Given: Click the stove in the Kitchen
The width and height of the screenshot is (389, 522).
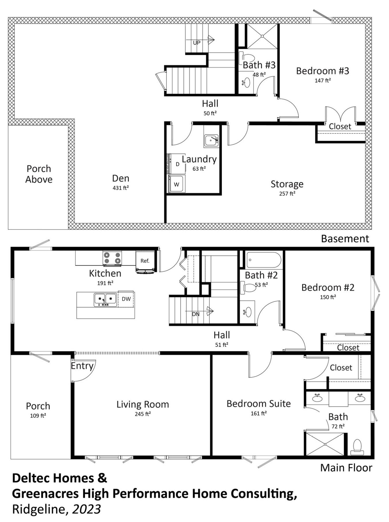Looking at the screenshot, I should point(112,258).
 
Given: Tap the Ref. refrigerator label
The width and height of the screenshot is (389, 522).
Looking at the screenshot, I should point(145,261).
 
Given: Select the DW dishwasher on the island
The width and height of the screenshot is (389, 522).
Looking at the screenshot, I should point(126,299).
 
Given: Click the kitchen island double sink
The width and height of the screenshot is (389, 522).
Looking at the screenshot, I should point(105,300).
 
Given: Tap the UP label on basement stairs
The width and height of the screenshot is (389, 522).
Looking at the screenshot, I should point(197,43).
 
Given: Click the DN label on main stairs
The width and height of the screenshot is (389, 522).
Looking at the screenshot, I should point(196,314).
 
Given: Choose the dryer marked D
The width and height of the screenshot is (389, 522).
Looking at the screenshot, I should point(177,164).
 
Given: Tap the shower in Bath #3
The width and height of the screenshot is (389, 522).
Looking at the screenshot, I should point(262,36).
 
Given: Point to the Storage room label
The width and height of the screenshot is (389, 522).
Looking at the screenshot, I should point(287,184).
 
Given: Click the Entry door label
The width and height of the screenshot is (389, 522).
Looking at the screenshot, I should point(82,366).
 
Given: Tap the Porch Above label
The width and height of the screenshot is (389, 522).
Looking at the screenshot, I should point(39,174).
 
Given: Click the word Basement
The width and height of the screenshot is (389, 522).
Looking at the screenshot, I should point(345,239).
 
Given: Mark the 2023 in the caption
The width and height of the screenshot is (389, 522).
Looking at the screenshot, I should point(86,509).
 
